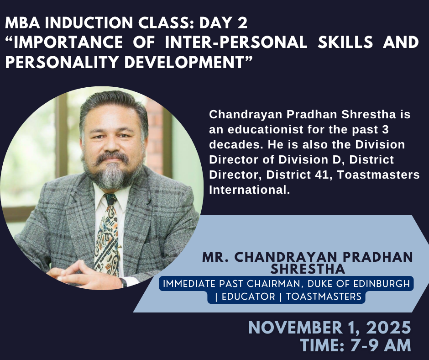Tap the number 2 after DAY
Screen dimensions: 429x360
242,23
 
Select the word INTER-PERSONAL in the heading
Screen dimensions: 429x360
236,42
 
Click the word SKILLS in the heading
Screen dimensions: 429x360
345,42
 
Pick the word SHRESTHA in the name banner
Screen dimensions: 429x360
308,269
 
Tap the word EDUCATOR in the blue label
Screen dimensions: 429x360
248,296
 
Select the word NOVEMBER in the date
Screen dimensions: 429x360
295,328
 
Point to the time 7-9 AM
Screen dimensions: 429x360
381,345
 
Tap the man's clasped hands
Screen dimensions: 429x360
82,274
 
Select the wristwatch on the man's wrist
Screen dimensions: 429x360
123,283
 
